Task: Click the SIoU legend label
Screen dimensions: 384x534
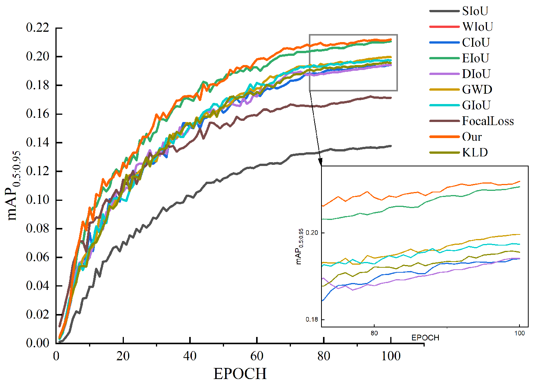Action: [475, 11]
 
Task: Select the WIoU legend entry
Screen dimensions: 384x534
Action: [477, 27]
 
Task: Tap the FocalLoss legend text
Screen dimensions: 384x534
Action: [488, 121]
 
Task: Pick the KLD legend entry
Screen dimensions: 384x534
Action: [475, 153]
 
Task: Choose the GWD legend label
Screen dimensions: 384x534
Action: [477, 90]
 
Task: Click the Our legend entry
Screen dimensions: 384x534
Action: [472, 137]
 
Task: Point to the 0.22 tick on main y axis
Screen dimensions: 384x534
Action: [37, 28]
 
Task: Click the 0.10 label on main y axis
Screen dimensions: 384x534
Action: [37, 200]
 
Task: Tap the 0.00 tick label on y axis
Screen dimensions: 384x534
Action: [37, 343]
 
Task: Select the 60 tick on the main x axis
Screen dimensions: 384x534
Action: [257, 356]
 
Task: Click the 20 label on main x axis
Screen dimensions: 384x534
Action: [123, 356]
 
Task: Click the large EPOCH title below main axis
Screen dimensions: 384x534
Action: [240, 374]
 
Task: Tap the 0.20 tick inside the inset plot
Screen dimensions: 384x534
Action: [312, 233]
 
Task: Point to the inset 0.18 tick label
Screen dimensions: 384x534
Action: [312, 319]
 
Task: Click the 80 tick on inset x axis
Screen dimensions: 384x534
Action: [374, 333]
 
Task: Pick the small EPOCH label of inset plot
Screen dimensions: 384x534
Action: [425, 338]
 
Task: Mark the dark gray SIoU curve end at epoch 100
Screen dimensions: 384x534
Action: [391, 146]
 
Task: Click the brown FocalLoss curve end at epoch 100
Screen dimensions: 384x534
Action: [391, 98]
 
